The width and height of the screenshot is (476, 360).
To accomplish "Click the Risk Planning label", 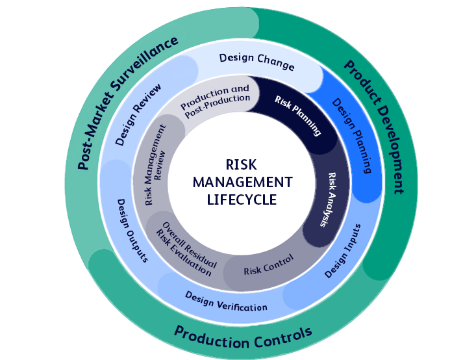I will (x=298, y=116).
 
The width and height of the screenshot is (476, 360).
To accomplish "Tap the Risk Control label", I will (x=268, y=264).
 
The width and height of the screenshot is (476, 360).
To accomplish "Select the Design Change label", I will (x=257, y=62).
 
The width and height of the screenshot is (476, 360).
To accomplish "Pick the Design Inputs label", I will (x=342, y=251).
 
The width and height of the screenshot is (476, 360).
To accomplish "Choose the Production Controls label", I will (x=243, y=336).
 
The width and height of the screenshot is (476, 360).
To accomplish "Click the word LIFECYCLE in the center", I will (x=242, y=199).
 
